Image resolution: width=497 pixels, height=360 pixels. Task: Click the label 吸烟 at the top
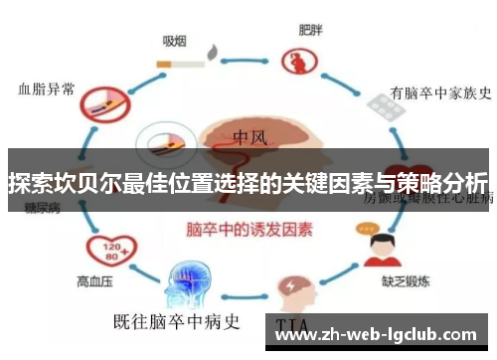[177, 40]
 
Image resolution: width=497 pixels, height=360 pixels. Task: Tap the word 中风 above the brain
[253, 136]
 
